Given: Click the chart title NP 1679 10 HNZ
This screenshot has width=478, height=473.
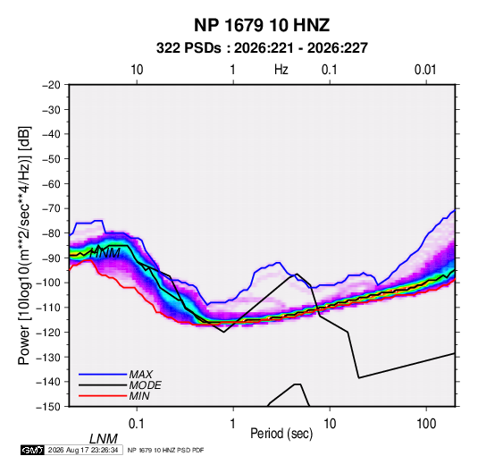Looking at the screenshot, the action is click(262, 25).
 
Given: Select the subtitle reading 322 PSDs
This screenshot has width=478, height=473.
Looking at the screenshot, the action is click(189, 48).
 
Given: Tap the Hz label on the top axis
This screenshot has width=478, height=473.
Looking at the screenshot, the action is click(281, 70).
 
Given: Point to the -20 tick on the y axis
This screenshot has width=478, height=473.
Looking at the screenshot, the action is click(51, 85).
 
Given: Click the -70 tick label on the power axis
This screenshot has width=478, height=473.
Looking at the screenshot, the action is click(51, 208).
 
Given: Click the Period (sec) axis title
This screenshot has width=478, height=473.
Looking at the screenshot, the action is click(281, 434).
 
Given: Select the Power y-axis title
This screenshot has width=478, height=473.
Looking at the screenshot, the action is click(24, 246).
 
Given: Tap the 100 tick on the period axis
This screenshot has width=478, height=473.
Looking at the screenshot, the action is click(426, 424).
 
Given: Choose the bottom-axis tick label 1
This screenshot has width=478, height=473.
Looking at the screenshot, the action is click(233, 424).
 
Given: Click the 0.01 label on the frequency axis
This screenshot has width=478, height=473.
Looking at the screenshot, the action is click(425, 70).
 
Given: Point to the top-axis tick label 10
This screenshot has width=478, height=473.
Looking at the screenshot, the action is click(137, 70).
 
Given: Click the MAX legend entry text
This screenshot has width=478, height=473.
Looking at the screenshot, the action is click(141, 375).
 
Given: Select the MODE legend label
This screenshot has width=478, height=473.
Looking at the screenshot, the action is click(145, 385).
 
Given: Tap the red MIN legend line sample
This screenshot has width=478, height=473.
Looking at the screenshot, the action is click(103, 396).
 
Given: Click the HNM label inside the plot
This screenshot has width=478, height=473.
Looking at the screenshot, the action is click(105, 253).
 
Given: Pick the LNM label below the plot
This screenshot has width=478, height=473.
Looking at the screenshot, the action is click(104, 439).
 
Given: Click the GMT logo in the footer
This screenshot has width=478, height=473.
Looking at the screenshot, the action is click(33, 450).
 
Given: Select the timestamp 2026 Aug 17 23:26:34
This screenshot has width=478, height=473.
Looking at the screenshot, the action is click(83, 450).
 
